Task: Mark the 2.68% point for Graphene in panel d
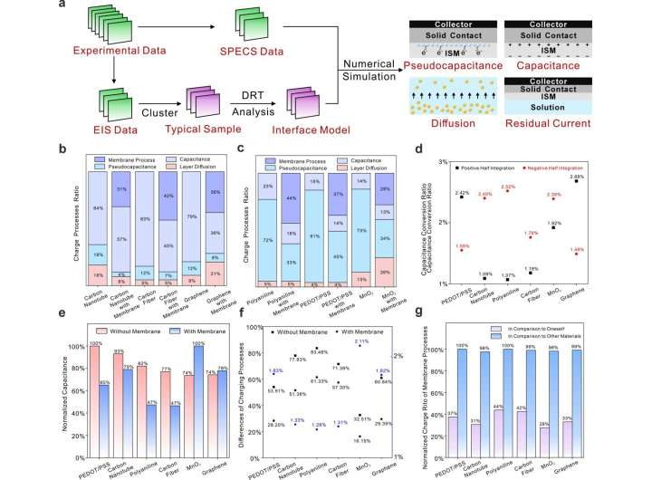pos(601,181)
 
